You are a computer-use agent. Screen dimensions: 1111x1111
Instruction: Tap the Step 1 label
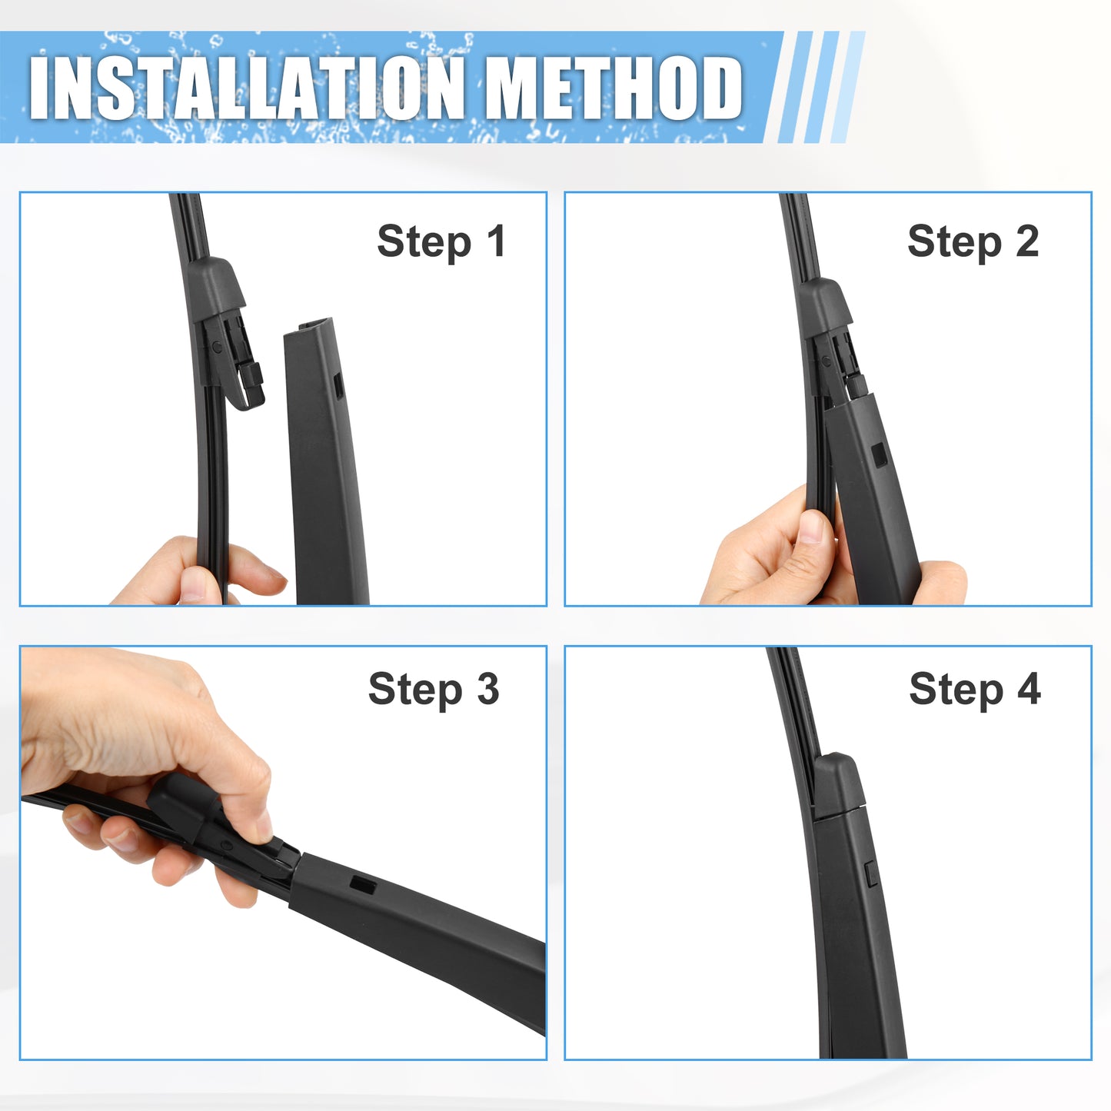(441, 242)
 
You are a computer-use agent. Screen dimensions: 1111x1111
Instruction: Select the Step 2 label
(973, 242)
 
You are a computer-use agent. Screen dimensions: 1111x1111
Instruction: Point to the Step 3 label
(434, 690)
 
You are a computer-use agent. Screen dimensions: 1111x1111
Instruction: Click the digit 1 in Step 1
(496, 240)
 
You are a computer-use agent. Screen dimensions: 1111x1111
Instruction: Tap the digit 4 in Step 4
(1029, 688)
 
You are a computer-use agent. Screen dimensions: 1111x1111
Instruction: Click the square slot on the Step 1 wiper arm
(338, 384)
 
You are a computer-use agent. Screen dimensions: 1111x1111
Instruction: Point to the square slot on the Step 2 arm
(880, 455)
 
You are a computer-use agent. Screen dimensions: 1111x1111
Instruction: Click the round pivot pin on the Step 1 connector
(217, 347)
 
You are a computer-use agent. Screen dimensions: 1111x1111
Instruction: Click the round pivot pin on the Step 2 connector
(827, 362)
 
